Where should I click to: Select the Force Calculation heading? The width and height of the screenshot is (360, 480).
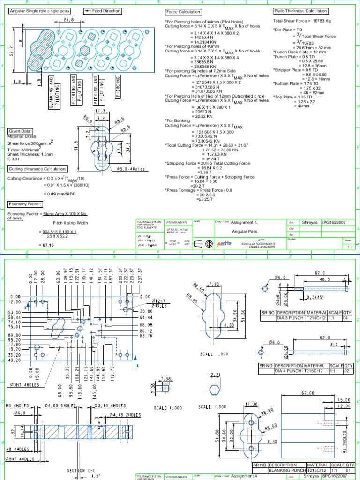[183, 12]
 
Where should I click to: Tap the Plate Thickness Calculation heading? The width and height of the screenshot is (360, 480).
[300, 11]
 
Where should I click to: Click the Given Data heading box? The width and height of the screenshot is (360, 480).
[20, 131]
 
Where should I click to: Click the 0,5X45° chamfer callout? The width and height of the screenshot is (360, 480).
[314, 297]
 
